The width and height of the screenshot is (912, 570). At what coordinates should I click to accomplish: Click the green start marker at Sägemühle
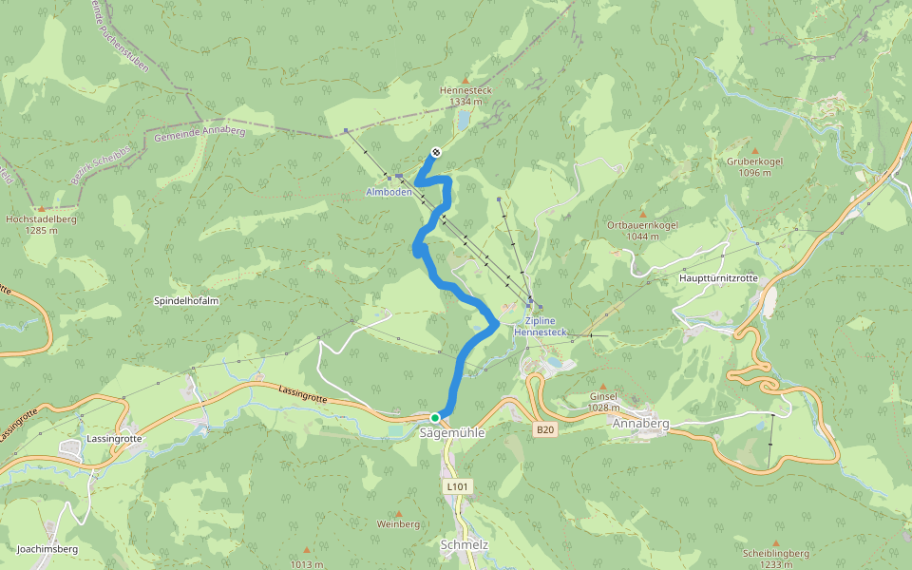(435, 418)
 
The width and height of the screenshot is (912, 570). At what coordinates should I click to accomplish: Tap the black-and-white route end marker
(436, 152)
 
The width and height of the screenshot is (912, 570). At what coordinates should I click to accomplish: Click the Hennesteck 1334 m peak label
(465, 95)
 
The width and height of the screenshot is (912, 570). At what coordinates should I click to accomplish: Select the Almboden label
(389, 192)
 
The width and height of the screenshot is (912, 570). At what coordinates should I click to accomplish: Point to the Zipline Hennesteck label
(540, 327)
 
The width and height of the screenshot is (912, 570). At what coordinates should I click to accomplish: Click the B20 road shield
(543, 430)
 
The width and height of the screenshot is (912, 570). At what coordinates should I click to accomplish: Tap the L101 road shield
(457, 486)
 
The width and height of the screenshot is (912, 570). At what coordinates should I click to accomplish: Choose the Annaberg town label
(641, 423)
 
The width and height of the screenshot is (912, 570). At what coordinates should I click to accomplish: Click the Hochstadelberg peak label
(41, 224)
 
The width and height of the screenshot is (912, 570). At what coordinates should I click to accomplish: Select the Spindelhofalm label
(186, 301)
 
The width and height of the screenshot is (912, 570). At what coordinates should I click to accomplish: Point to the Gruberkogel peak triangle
(755, 151)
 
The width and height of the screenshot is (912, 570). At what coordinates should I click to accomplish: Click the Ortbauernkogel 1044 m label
(642, 230)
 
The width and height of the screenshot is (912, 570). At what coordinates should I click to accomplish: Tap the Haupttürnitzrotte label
(718, 278)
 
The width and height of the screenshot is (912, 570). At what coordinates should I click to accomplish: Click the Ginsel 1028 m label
(603, 401)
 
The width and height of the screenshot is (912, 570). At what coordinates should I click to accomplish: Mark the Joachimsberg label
(47, 549)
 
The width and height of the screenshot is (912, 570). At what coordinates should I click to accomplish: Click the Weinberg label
(398, 524)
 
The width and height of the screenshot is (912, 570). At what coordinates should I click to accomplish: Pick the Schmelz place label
(465, 545)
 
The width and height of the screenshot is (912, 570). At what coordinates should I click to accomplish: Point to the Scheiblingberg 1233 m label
(776, 559)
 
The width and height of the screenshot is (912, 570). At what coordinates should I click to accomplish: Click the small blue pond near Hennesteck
(463, 121)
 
